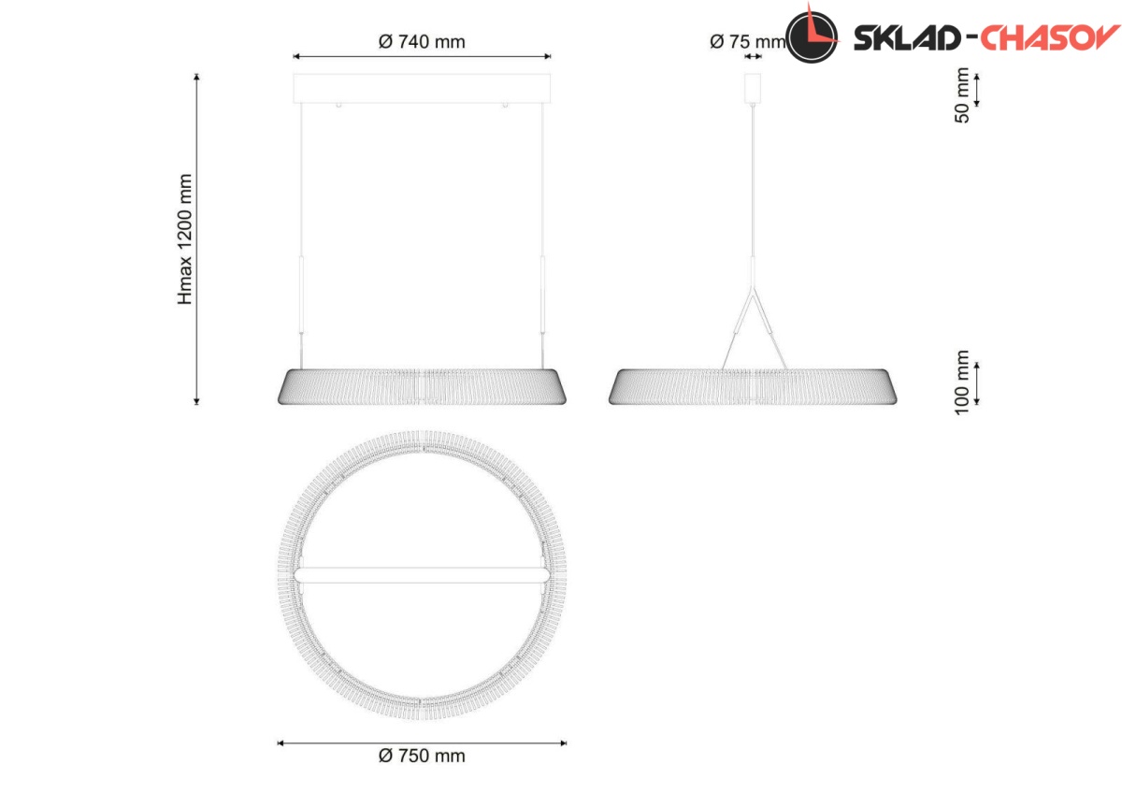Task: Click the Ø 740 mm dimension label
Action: (422, 41)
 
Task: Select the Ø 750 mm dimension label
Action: (422, 756)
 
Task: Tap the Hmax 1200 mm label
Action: (185, 239)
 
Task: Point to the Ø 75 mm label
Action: (748, 41)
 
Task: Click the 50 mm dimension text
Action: (962, 95)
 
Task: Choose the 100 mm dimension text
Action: (962, 382)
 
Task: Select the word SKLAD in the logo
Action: (907, 37)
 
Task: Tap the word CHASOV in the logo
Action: (1049, 37)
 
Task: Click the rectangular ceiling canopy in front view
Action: (422, 89)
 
